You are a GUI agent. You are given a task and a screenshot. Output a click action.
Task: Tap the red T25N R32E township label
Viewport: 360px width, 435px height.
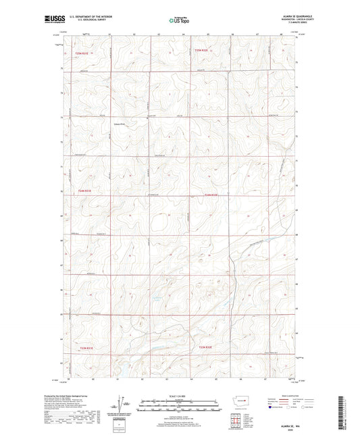[x=203, y=50]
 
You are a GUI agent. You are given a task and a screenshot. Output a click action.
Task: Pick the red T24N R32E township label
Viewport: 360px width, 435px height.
[x=211, y=196]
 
